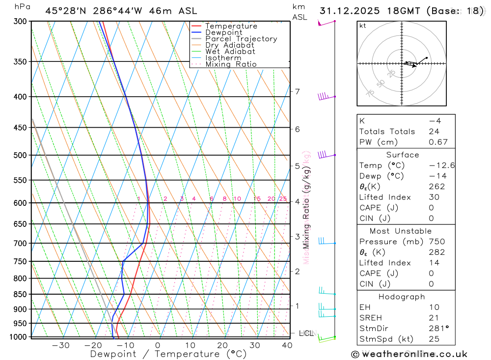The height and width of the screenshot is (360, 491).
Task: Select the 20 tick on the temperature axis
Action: click(222, 345)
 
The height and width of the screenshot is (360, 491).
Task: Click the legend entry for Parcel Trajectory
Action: click(241, 39)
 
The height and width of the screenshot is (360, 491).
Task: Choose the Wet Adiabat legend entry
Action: click(230, 52)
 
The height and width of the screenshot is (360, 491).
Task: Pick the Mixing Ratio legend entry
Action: click(231, 64)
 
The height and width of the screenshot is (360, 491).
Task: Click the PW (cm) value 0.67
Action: click(438, 142)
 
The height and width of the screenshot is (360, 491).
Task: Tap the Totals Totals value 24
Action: click(434, 132)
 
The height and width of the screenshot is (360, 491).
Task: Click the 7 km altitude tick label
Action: click(297, 92)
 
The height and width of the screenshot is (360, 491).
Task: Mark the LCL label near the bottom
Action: click(306, 333)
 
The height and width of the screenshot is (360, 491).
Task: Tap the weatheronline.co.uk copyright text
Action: click(409, 354)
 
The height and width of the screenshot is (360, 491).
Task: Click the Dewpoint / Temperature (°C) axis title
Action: click(168, 354)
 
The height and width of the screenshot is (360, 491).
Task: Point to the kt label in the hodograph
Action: click(363, 26)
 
